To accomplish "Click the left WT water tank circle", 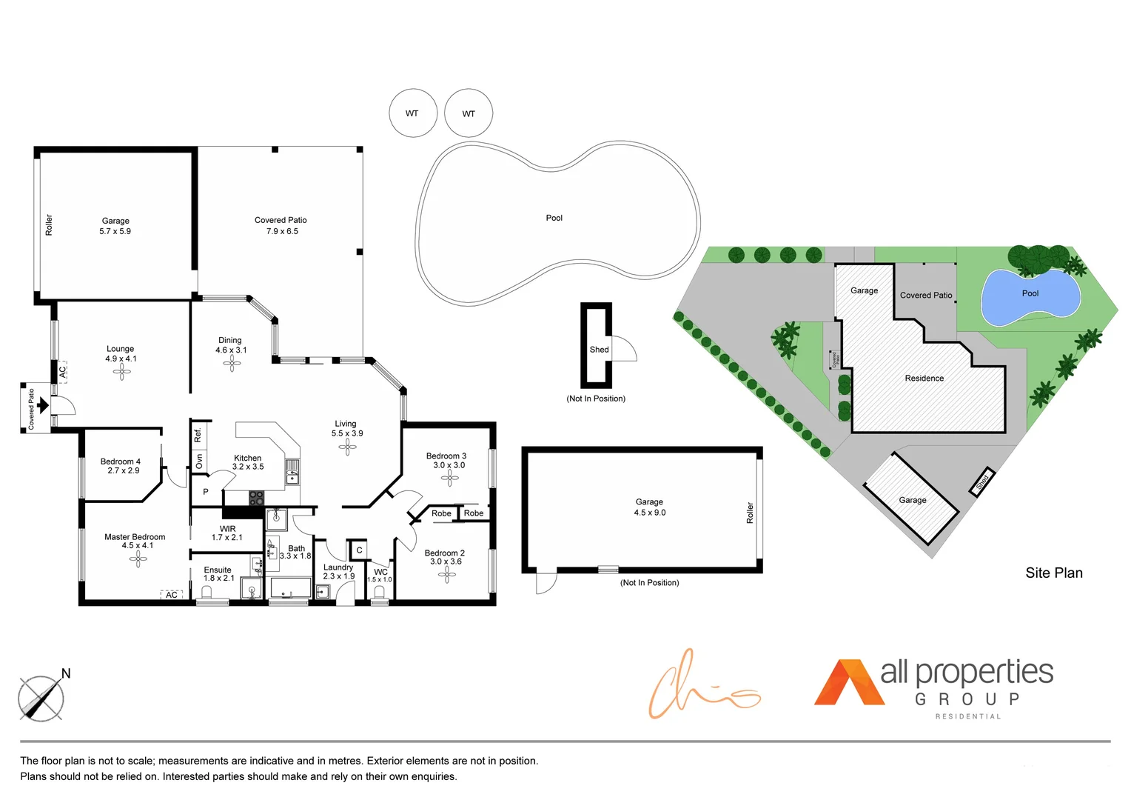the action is (x=412, y=113).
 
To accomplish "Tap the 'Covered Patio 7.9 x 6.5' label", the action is (x=281, y=226).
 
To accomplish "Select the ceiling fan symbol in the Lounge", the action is (x=122, y=373).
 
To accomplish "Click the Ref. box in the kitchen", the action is (x=198, y=435).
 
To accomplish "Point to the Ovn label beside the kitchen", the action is (x=198, y=461).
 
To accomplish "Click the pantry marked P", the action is (x=205, y=492).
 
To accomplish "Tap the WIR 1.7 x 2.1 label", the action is (x=227, y=533).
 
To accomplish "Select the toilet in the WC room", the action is (x=380, y=593).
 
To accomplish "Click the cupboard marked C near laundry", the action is (x=359, y=550).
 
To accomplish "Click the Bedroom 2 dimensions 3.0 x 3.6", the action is (x=446, y=561).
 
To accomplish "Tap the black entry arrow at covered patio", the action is (x=43, y=405).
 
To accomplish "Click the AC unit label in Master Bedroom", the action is (x=172, y=595).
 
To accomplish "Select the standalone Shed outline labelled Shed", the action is (x=596, y=346).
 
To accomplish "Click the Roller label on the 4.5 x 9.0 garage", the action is (x=750, y=513).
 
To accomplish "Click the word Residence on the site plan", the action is (x=924, y=379).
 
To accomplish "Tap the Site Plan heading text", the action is (x=1053, y=573).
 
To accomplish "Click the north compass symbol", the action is (x=41, y=698).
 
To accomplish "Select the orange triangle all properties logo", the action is (x=848, y=683).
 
